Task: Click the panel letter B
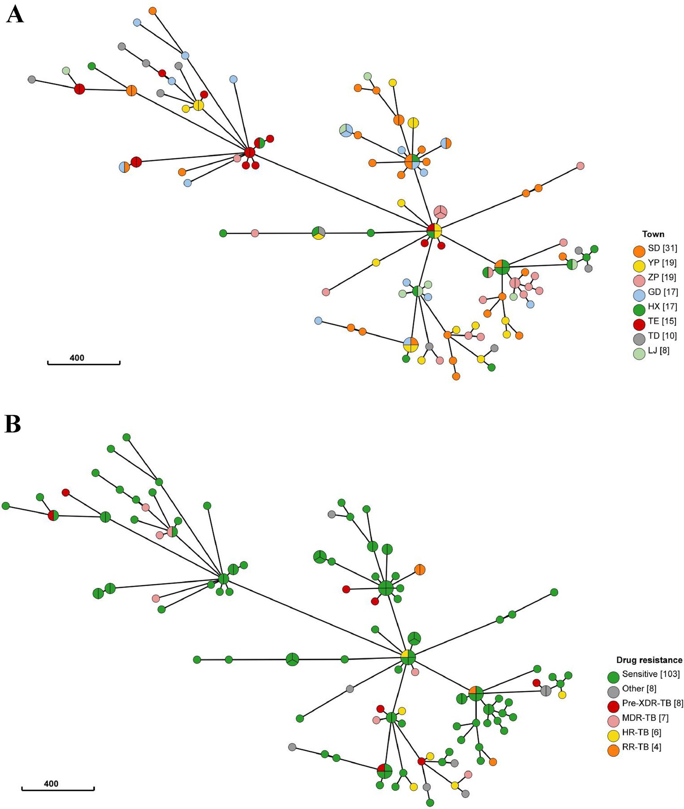12,425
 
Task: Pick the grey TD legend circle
639,339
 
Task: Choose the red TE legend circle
639,324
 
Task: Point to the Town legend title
653,234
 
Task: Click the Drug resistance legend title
649,660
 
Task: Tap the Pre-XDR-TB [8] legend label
653,703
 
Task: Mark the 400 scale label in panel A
77,357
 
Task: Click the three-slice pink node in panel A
440,212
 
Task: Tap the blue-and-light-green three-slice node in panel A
345,131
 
